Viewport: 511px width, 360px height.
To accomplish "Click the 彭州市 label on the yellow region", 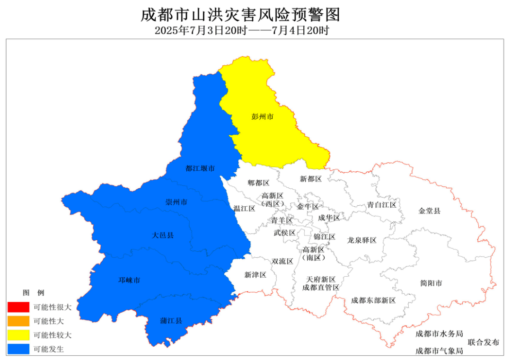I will [x=263, y=116].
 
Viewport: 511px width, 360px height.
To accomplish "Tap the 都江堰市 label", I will [x=200, y=168].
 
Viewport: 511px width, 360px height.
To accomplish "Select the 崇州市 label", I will [x=176, y=202].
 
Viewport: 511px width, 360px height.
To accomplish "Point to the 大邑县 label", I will [x=163, y=235].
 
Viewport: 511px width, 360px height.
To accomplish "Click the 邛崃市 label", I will [x=129, y=280].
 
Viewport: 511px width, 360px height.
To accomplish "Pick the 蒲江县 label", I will [x=171, y=321].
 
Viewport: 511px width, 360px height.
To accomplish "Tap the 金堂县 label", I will [x=430, y=211].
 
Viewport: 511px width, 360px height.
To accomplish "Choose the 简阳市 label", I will [x=431, y=283].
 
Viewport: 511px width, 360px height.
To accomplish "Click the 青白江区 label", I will [x=382, y=205].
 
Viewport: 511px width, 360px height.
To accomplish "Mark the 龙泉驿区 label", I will [x=361, y=240].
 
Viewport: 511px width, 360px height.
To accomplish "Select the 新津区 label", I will [x=255, y=275].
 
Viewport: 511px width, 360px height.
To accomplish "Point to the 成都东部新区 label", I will [x=373, y=300].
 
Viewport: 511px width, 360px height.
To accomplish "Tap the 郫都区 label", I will [x=258, y=183].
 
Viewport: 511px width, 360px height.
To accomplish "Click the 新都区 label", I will [x=311, y=179].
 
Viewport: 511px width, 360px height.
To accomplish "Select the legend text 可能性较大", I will [x=53, y=335].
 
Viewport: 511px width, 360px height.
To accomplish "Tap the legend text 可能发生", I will [x=49, y=350].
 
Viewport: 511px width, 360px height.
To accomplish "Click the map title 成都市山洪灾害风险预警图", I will [x=241, y=15].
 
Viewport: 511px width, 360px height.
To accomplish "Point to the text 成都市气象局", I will [x=439, y=351].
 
